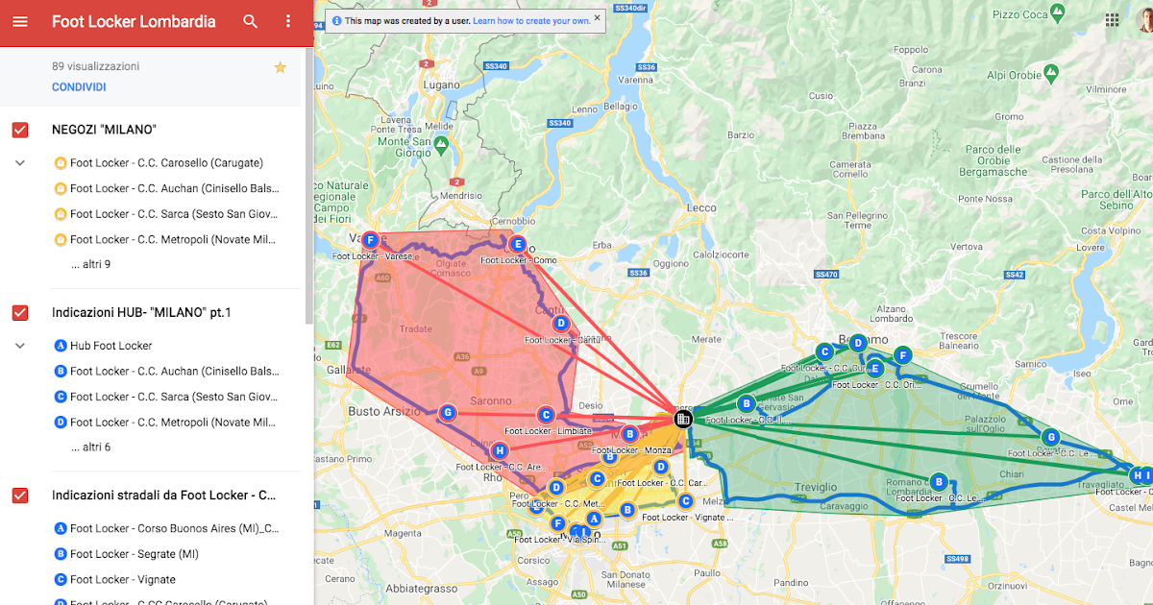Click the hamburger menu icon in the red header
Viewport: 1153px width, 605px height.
click(20, 21)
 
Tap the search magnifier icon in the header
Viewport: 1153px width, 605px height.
click(251, 21)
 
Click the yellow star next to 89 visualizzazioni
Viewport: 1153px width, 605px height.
click(280, 67)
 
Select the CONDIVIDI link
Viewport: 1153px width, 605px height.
click(79, 87)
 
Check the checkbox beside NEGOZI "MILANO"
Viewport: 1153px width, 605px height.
click(20, 130)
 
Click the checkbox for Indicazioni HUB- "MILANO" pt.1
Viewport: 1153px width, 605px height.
click(20, 313)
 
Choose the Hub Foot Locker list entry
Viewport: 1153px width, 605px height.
click(110, 346)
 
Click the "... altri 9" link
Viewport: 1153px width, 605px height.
click(90, 264)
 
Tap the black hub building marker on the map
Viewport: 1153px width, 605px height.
click(683, 419)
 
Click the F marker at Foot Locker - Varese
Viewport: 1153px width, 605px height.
click(370, 240)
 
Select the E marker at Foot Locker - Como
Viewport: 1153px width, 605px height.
click(518, 244)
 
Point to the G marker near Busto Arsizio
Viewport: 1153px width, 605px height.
click(446, 413)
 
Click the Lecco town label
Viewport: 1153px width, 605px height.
click(701, 207)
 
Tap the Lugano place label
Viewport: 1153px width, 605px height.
click(442, 85)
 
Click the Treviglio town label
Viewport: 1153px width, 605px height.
click(815, 488)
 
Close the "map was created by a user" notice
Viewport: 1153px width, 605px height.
click(597, 17)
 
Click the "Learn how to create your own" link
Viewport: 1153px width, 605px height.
click(531, 20)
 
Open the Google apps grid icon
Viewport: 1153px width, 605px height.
click(1112, 20)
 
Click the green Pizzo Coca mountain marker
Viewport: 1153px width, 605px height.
click(1058, 14)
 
